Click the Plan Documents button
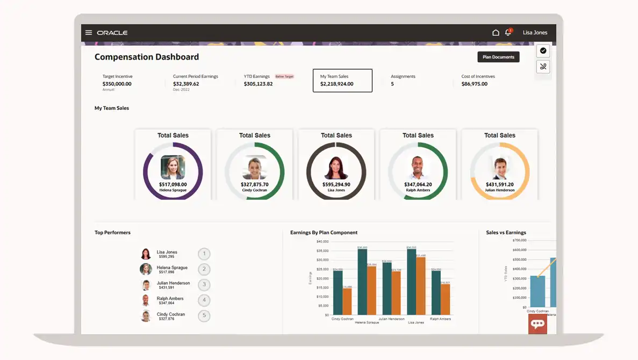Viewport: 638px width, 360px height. coord(498,57)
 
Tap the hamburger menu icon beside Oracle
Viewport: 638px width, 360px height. coord(89,33)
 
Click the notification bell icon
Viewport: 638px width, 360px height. coord(508,33)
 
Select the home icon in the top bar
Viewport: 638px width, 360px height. coord(496,33)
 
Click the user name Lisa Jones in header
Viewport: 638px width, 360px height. coord(535,33)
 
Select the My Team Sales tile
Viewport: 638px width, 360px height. coord(342,81)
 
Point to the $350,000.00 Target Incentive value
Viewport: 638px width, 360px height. coord(117,84)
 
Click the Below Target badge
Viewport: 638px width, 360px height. coord(284,77)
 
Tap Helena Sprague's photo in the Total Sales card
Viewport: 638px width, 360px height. coord(173,167)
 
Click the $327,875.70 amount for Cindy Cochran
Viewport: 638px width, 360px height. coord(255,185)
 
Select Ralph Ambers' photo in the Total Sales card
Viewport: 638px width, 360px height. coord(418,167)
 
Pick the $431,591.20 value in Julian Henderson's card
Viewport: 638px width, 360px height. coord(500,185)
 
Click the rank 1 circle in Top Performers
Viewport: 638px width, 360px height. coord(204,254)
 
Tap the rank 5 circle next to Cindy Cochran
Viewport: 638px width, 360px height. coord(204,316)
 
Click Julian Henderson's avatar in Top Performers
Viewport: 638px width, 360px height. coord(146,285)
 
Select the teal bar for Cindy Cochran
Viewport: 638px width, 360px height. coord(338,293)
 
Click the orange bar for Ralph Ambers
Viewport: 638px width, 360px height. coord(446,299)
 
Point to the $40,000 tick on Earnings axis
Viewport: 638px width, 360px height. coord(322,241)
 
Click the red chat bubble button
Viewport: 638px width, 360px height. coord(537,323)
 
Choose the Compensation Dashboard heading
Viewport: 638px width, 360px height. coord(147,57)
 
